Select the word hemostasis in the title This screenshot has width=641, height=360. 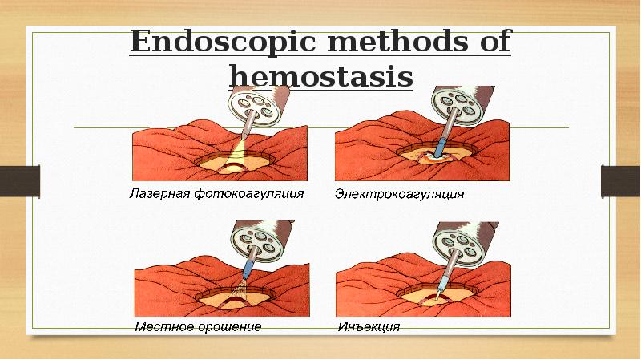click(320, 77)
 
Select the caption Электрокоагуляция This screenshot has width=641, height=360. click(399, 195)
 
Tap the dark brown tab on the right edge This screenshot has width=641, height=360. click(622, 180)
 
